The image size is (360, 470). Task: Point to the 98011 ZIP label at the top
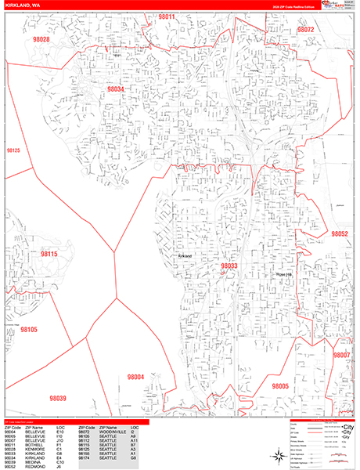[x=164, y=16]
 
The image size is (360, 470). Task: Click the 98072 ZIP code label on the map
[x=304, y=30]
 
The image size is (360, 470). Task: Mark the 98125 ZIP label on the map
[x=13, y=149]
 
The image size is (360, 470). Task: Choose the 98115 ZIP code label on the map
[x=49, y=255]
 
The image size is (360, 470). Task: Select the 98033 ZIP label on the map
[x=229, y=266]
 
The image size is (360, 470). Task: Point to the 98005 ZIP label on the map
[x=280, y=386]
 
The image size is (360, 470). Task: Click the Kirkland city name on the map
[x=185, y=256]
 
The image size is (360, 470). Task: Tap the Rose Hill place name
[x=284, y=273]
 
